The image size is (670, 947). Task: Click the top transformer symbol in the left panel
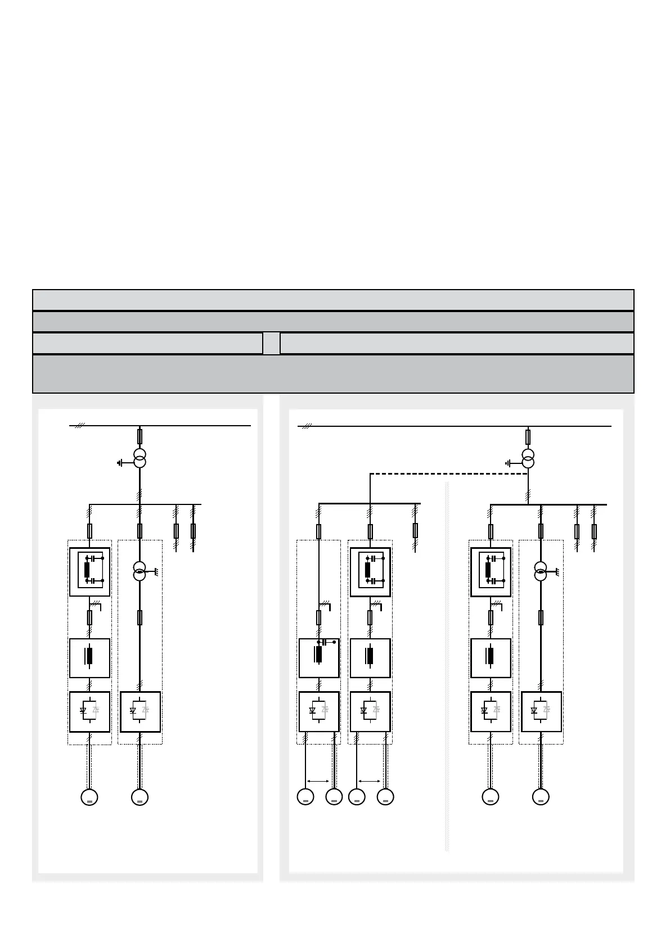click(140, 458)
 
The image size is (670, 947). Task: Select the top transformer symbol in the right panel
click(528, 458)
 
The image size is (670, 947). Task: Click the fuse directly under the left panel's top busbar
click(140, 436)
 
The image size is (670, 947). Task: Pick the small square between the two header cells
click(271, 343)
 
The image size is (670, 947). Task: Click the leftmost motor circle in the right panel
click(305, 797)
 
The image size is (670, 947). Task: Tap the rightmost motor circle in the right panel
click(541, 797)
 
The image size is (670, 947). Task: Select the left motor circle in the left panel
click(89, 797)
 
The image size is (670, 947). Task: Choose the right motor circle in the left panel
click(140, 797)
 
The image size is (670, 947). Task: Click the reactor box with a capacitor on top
click(319, 658)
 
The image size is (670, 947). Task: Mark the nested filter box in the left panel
click(89, 572)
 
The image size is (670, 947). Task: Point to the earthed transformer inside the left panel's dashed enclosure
click(140, 571)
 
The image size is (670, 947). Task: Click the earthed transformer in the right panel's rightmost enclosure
click(541, 571)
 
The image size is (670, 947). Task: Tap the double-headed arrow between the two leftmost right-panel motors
click(318, 781)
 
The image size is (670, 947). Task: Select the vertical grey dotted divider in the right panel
click(447, 664)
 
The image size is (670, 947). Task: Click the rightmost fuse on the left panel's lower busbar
click(193, 531)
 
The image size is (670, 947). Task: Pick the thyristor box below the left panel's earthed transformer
click(140, 712)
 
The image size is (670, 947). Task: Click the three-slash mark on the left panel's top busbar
click(79, 426)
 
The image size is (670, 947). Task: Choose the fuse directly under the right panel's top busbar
click(528, 436)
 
